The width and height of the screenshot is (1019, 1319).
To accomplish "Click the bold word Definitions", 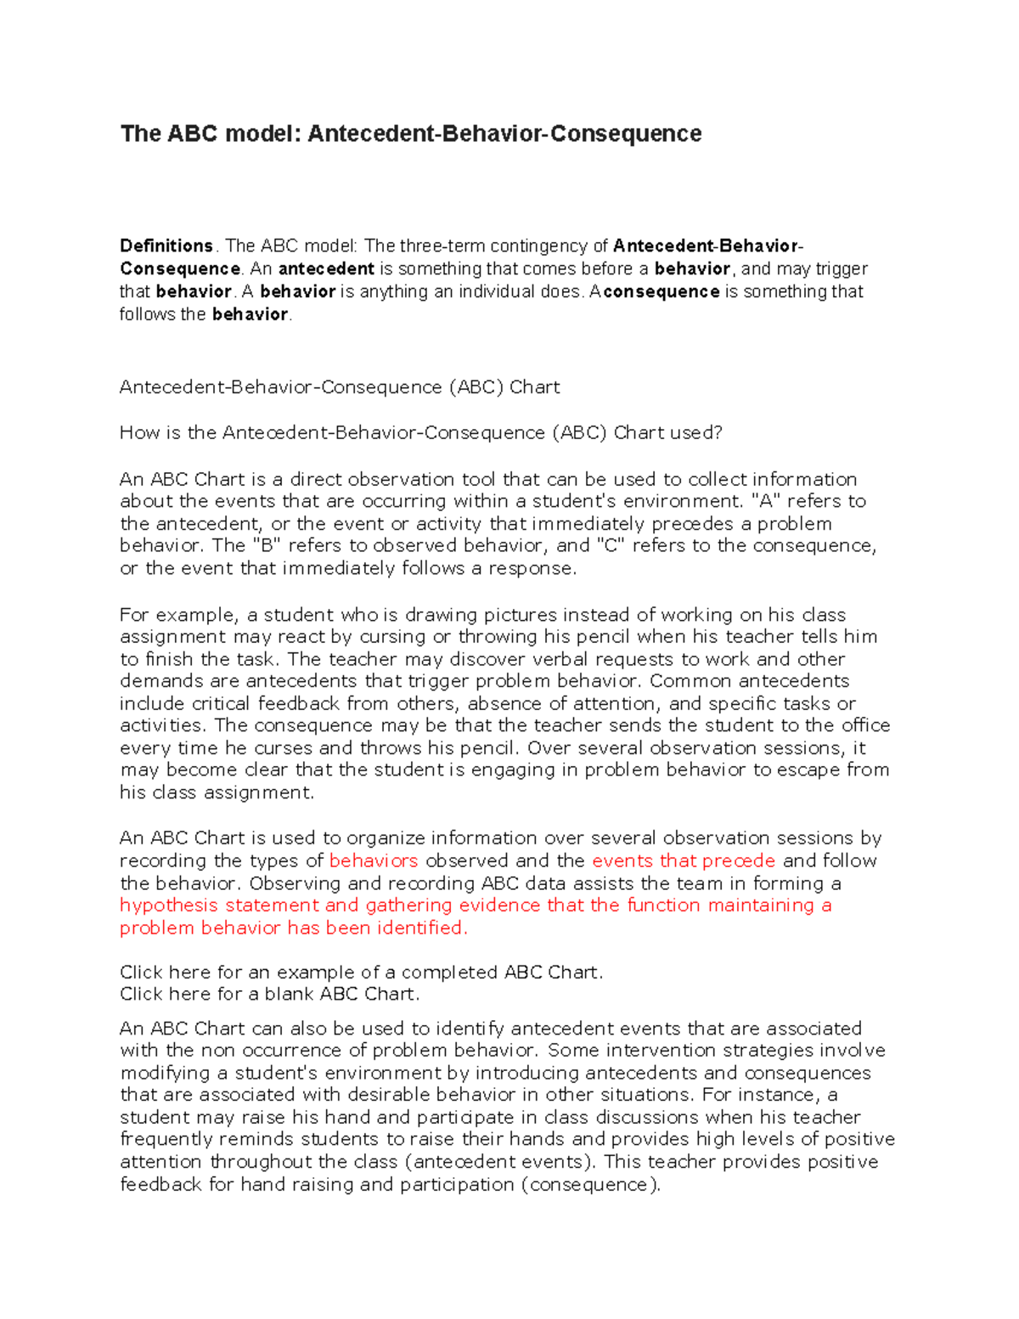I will click(166, 246).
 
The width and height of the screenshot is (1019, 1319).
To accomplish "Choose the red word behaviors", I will click(373, 860).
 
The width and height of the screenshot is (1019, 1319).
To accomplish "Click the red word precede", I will click(739, 860).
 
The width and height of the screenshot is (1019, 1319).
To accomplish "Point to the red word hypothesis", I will click(169, 905).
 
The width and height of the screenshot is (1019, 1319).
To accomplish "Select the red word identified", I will click(422, 927).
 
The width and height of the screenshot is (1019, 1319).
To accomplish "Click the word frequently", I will click(166, 1140).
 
